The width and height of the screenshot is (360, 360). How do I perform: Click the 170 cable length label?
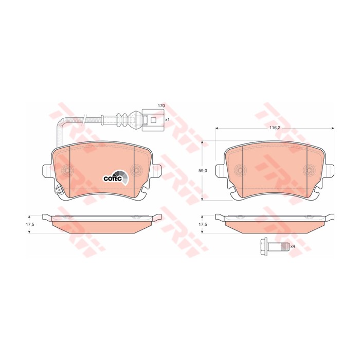pyautogui.click(x=161, y=106)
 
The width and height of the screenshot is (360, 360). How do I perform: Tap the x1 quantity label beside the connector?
pyautogui.click(x=167, y=120)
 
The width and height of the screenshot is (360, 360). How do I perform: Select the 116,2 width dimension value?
pyautogui.click(x=275, y=129)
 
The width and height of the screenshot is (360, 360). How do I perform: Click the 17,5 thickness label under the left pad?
pyautogui.click(x=30, y=225)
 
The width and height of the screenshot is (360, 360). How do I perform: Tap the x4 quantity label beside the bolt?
pyautogui.click(x=293, y=246)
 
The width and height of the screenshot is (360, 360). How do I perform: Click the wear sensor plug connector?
pyautogui.click(x=150, y=120)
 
